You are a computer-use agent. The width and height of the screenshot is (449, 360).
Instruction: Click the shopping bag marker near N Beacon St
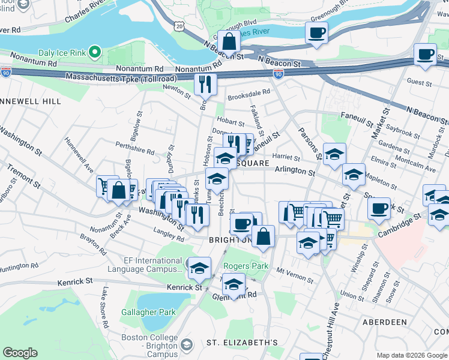tap(229, 42)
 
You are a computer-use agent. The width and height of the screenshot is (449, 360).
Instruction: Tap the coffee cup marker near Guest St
tap(426, 55)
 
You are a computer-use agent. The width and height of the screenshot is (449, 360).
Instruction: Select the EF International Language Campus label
tap(145, 265)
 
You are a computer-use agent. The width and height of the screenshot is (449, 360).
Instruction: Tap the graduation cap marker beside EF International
tap(199, 268)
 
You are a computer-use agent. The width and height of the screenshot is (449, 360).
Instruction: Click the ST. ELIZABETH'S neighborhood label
tap(242, 343)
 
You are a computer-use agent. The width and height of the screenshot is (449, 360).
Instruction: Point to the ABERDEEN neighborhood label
tap(385, 322)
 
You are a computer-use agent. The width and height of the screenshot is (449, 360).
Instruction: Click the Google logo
tap(20, 353)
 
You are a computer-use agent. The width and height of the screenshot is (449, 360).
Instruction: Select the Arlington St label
tap(295, 172)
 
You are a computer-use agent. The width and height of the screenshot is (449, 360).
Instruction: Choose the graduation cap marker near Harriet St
tap(334, 155)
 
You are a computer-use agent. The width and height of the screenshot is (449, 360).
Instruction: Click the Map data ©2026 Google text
tap(412, 355)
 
